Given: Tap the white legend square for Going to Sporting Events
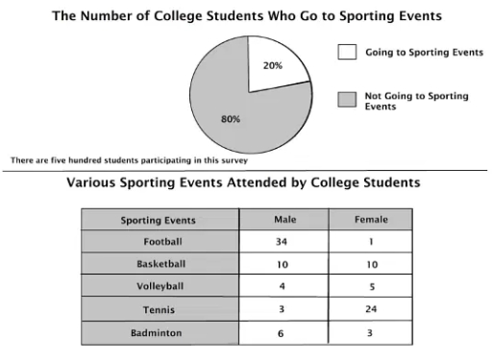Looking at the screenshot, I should [x=347, y=54].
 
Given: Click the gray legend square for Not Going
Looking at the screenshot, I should [x=347, y=99].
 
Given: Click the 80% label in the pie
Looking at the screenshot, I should [x=231, y=119].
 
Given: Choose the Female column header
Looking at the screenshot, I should [x=371, y=220].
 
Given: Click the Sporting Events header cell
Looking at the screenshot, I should [x=159, y=220].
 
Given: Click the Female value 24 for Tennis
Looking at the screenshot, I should [x=371, y=309].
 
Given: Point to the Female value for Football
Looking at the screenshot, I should [x=371, y=242].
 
